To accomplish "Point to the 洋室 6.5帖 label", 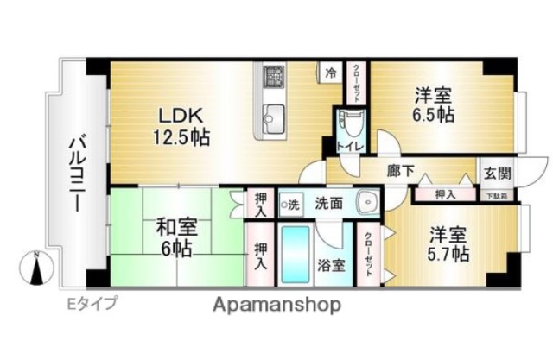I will point(432,106).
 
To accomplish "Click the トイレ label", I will point(350,147).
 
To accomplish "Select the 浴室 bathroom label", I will point(333,265).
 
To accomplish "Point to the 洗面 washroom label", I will point(328,205).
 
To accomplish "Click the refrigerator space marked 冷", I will point(331,74).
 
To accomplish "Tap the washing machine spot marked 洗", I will point(289,205).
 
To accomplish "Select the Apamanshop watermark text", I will point(276,304).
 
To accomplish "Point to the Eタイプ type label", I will point(92,303).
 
